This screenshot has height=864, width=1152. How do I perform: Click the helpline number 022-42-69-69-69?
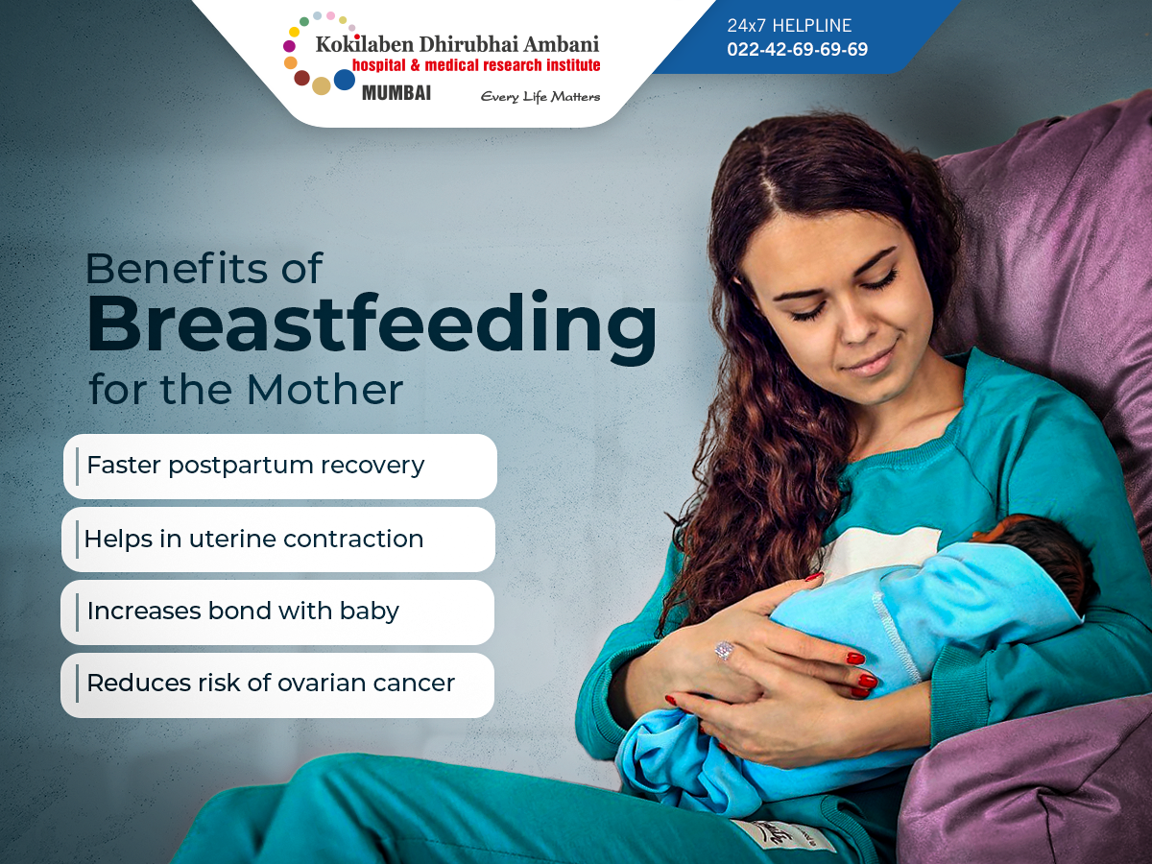(x=797, y=49)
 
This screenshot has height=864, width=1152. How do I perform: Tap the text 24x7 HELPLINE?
(x=789, y=25)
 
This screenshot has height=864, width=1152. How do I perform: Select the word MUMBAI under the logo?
(x=396, y=93)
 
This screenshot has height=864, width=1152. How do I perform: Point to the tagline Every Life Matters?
(x=540, y=97)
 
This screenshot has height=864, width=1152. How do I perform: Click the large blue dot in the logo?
(x=345, y=80)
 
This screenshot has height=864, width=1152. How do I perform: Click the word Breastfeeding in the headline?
(x=372, y=324)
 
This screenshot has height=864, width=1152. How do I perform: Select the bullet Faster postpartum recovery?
(x=255, y=466)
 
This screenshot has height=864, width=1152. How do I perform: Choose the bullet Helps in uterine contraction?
(x=253, y=539)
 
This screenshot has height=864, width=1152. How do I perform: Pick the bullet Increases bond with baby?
(x=243, y=612)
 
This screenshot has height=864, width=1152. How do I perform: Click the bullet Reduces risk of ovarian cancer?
(x=271, y=683)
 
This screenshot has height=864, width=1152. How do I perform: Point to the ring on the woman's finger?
(x=723, y=651)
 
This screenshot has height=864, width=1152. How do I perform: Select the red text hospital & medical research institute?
(x=476, y=65)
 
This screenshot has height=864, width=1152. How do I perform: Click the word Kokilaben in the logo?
(x=364, y=44)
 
